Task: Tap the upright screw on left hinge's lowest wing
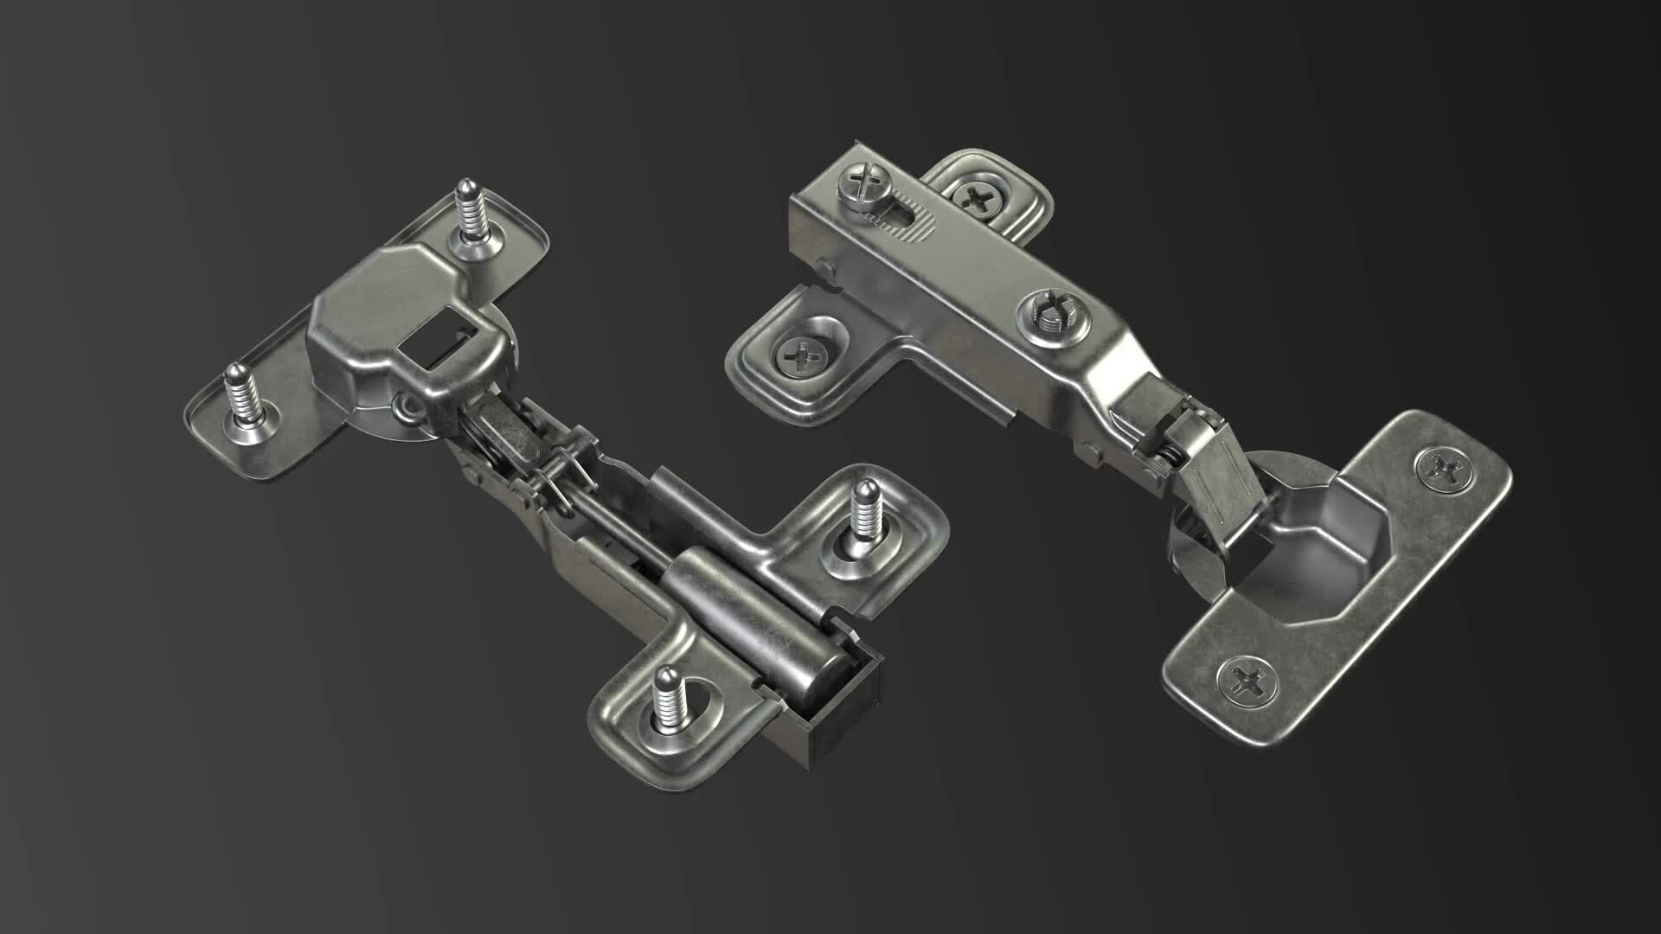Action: click(668, 700)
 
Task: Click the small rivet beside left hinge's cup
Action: click(402, 407)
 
